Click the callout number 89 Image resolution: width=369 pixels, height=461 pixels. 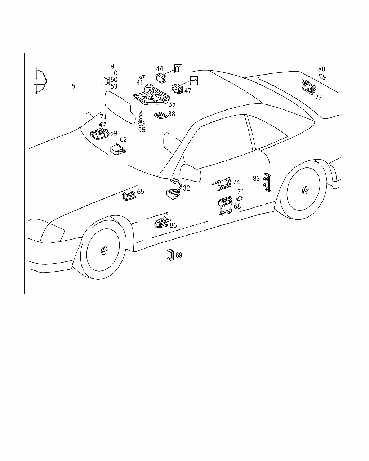pos(179,255)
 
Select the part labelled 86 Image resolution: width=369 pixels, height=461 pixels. pos(161,223)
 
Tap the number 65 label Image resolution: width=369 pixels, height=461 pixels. pos(141,192)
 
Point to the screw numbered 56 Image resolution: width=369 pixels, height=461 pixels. pos(141,118)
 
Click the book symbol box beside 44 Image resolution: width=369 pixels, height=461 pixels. pos(178,69)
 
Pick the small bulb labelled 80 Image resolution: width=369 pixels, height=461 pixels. pos(323,76)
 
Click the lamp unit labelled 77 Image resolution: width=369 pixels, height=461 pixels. pos(307,87)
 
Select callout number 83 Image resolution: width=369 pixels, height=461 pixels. pos(256,178)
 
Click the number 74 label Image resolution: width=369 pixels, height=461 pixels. pos(236,182)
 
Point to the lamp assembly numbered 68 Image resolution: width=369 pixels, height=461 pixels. pos(225,206)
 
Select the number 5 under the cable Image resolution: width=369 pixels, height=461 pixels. pos(74,86)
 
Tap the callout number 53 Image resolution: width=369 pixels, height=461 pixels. pos(114,86)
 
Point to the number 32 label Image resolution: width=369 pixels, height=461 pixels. pos(186,188)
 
